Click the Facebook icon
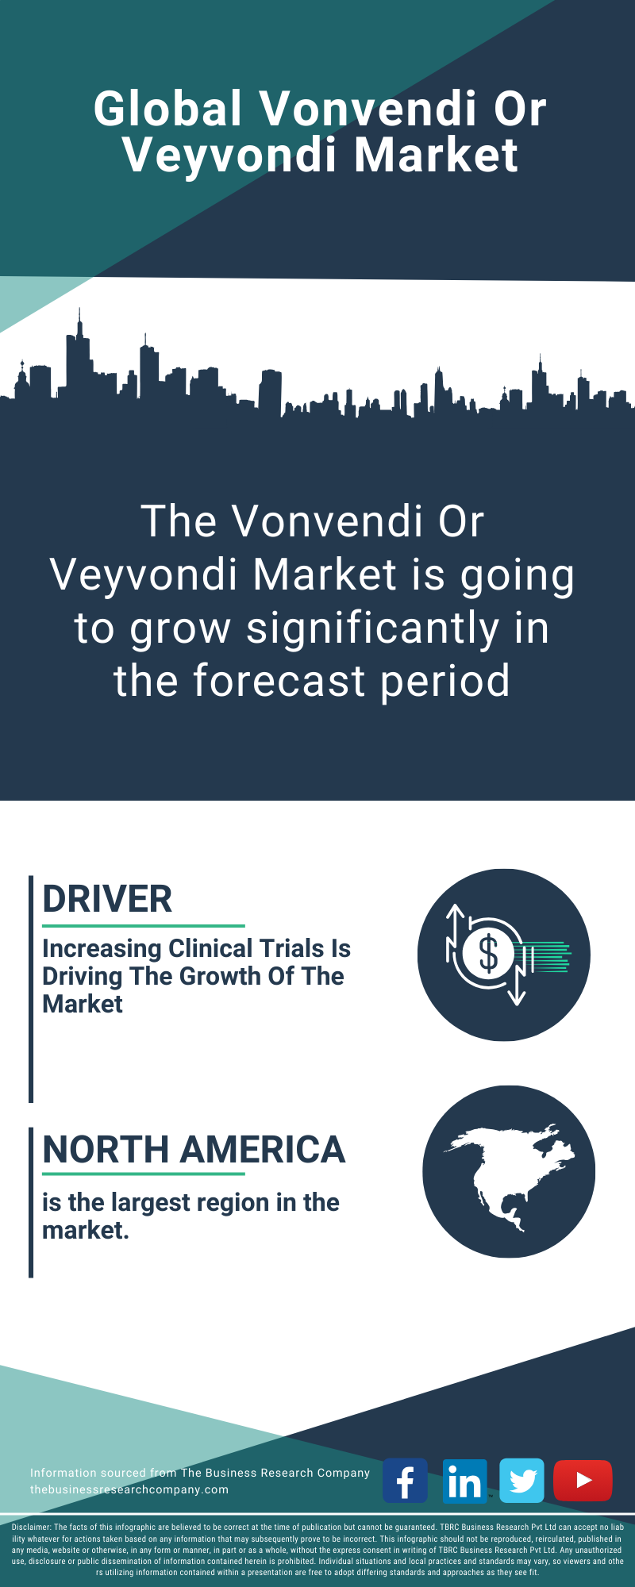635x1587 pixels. [x=405, y=1480]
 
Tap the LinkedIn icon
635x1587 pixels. [x=464, y=1481]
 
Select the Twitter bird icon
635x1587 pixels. [x=521, y=1481]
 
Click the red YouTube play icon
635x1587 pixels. [x=583, y=1481]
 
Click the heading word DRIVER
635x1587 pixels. [x=107, y=899]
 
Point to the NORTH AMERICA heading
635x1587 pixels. [x=194, y=1150]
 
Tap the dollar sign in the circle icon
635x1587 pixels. [x=488, y=954]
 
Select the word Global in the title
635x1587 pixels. [x=167, y=108]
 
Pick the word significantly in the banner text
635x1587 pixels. [x=372, y=629]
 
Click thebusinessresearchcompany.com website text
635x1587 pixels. [x=129, y=1489]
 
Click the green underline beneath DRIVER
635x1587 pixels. [x=144, y=925]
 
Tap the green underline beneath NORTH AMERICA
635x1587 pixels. [x=144, y=1174]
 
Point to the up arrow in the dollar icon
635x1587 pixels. [x=456, y=924]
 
